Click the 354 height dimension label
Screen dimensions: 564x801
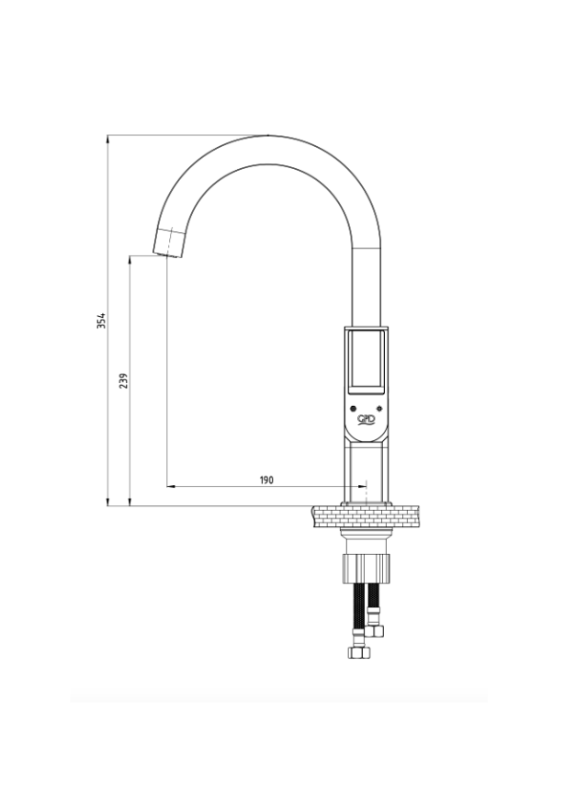102,321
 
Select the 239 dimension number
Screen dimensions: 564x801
124,380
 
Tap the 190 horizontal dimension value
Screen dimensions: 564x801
266,479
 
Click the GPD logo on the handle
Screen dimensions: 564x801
366,420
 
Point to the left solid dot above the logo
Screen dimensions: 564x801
352,408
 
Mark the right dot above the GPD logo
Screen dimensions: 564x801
379,408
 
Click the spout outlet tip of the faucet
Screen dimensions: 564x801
169,243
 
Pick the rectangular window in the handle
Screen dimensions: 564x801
366,362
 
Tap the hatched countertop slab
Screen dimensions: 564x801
365,516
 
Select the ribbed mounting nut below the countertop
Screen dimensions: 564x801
367,568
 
